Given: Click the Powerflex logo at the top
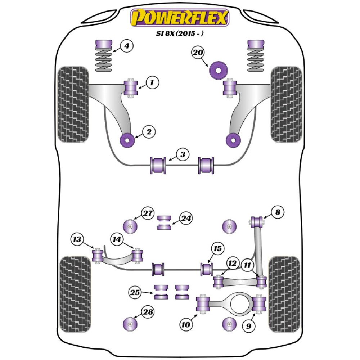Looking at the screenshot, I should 180,17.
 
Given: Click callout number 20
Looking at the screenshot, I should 198,53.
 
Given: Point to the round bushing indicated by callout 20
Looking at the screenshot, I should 219,69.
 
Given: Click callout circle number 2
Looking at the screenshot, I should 148,132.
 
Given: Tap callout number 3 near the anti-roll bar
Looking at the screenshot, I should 183,155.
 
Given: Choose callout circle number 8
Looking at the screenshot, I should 277,212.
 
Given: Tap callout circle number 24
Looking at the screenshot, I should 186,219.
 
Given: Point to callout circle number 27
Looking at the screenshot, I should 147,213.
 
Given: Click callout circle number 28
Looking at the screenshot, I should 147,312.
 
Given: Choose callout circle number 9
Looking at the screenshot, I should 249,326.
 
